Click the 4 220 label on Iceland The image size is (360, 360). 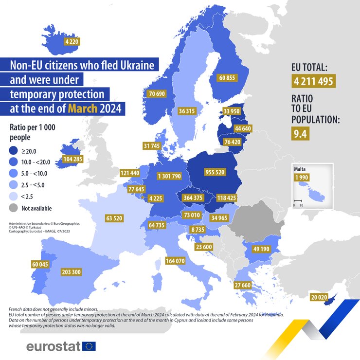[72, 42]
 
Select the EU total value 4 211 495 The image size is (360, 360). [313, 81]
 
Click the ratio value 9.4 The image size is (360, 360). [301, 133]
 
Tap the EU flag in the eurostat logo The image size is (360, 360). [89, 346]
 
